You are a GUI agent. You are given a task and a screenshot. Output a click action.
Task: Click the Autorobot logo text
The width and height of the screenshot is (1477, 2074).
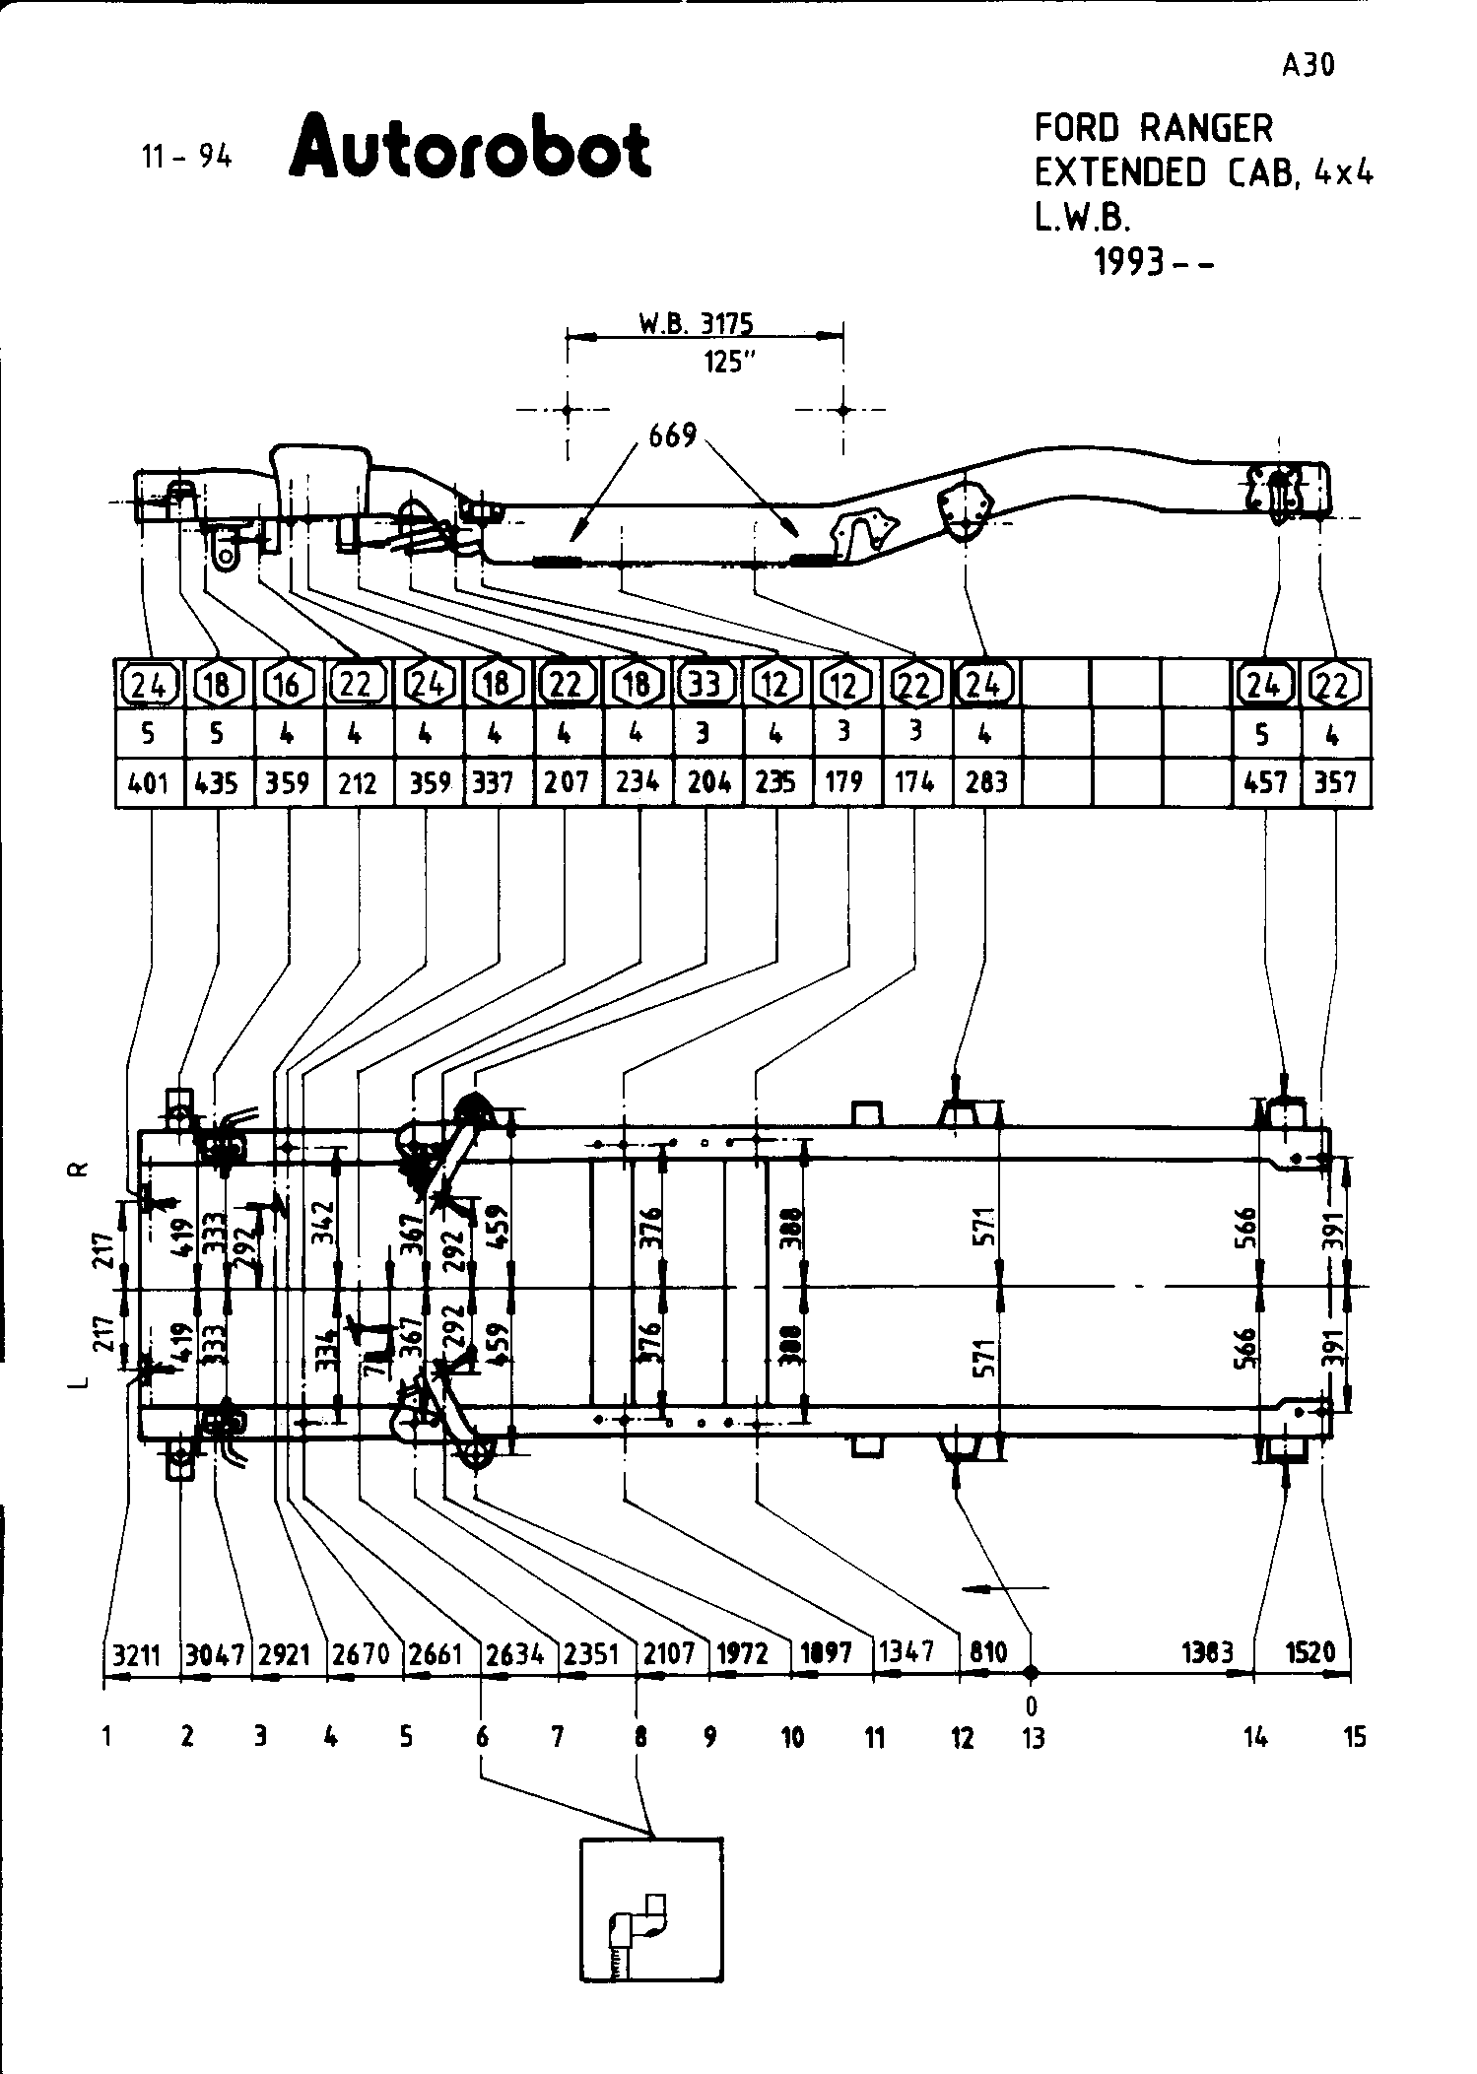470,149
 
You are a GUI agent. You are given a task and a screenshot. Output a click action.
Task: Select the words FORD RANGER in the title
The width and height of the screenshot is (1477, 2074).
1153,129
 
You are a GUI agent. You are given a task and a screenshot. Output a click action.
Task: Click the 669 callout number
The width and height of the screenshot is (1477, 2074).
672,435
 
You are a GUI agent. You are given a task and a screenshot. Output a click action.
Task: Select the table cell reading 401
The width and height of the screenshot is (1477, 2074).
149,783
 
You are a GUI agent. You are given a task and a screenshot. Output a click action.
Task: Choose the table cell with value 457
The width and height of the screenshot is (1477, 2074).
1266,783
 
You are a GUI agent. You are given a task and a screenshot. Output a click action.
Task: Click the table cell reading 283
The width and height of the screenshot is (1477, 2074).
986,783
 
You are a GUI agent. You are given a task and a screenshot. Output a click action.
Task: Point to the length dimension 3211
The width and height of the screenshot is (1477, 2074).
136,1653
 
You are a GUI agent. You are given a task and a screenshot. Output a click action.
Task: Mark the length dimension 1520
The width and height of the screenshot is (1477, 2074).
1310,1652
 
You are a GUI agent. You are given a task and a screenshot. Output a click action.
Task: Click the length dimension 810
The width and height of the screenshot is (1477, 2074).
987,1652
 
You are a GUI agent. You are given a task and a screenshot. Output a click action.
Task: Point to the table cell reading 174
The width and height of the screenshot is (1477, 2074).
914,783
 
